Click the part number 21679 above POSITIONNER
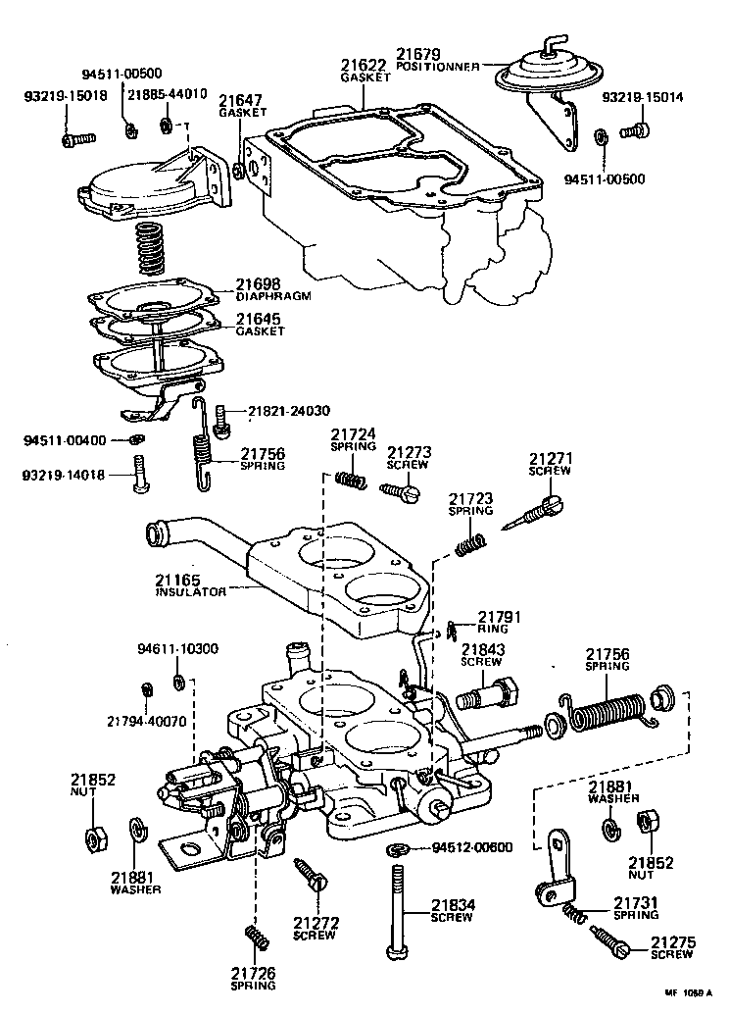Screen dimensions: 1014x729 pyautogui.click(x=419, y=54)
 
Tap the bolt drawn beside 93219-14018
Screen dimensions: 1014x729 pyautogui.click(x=139, y=476)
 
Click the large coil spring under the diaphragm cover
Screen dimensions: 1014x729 pyautogui.click(x=149, y=249)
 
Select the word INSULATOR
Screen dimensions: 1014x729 pyautogui.click(x=191, y=592)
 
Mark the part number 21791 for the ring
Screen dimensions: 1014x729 pyautogui.click(x=499, y=617)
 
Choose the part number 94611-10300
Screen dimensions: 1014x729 pyautogui.click(x=177, y=648)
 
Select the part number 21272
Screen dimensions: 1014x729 pyautogui.click(x=316, y=922)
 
